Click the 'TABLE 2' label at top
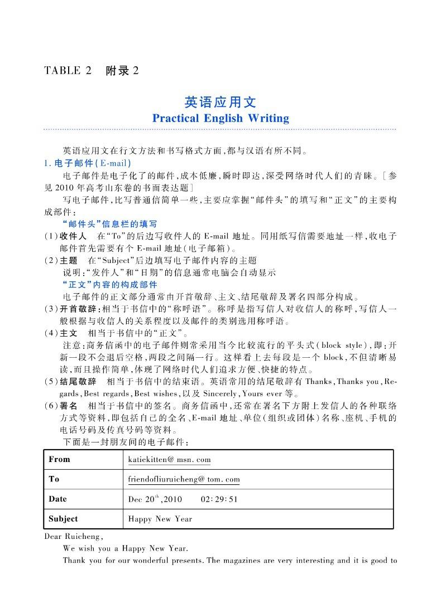click(x=67, y=71)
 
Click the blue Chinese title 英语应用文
click(x=220, y=102)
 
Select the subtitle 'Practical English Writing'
click(x=220, y=118)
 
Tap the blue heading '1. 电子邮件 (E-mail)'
click(x=87, y=163)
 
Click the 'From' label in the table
click(x=60, y=459)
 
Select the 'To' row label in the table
click(x=54, y=479)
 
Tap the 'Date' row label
click(x=57, y=499)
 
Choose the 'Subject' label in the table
click(x=63, y=519)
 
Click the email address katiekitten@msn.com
click(x=169, y=460)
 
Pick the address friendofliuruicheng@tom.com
click(x=184, y=479)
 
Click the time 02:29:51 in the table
click(x=219, y=499)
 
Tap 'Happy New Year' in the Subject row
click(x=160, y=519)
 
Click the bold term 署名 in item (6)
click(x=68, y=406)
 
